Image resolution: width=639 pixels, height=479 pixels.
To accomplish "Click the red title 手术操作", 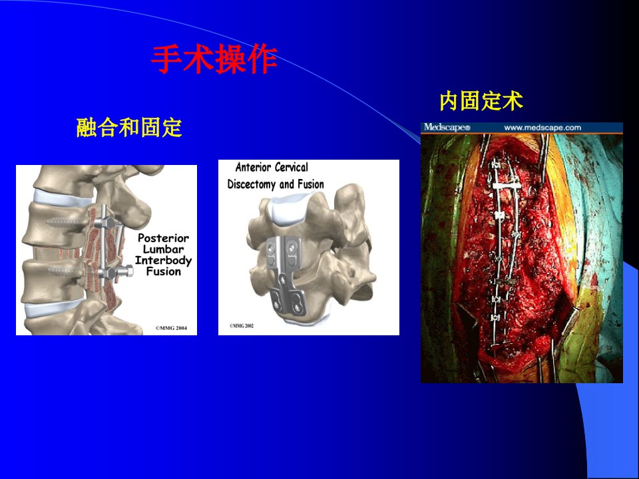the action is (x=214, y=59).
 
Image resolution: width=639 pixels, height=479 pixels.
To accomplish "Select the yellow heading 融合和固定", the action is (x=129, y=128).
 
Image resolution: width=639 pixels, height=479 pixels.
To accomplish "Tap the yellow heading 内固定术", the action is (x=481, y=101).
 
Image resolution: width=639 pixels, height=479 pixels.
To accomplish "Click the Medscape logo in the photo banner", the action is (x=447, y=128).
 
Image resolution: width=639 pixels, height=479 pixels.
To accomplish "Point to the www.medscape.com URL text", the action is (x=542, y=128).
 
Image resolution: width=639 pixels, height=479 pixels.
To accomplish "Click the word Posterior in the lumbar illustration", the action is (x=164, y=238).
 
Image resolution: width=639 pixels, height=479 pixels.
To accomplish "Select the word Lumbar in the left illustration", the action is (x=164, y=249).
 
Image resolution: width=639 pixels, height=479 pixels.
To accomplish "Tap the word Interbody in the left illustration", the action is (x=164, y=260).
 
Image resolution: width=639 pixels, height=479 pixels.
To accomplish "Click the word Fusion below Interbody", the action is (x=164, y=271).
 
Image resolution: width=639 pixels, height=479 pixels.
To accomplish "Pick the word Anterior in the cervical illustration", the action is (x=254, y=168).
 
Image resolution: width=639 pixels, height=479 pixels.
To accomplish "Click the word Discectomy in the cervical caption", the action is (x=252, y=184).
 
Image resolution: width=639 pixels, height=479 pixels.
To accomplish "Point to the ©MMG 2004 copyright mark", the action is (x=172, y=328).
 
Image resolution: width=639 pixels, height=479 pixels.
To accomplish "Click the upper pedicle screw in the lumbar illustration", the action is (x=70, y=223).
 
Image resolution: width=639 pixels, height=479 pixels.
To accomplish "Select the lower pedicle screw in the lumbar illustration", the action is (x=67, y=270).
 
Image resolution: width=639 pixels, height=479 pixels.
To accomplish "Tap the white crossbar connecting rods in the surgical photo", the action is (x=507, y=186).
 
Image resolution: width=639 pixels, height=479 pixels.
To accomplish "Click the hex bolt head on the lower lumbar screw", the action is (x=128, y=271).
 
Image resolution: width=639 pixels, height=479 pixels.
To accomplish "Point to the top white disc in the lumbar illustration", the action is (x=63, y=198).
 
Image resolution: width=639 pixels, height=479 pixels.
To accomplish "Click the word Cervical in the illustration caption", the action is (x=292, y=168).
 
